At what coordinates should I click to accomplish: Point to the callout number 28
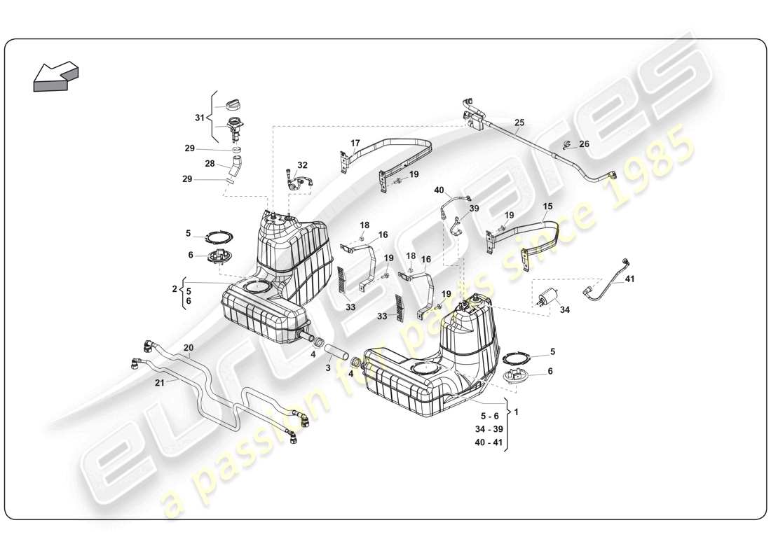point(210,163)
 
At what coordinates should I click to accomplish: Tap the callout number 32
point(302,165)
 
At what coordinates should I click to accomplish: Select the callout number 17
point(355,143)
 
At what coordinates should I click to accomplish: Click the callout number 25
point(519,122)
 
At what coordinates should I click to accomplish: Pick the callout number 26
point(585,145)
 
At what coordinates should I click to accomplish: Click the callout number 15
point(547,206)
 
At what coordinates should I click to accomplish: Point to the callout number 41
point(629,279)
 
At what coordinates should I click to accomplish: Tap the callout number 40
point(439,190)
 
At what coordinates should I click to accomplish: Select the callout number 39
point(474,208)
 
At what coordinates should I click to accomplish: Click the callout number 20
point(189,348)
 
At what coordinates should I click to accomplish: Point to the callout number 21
point(159,383)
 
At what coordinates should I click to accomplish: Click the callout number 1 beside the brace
point(517,412)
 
